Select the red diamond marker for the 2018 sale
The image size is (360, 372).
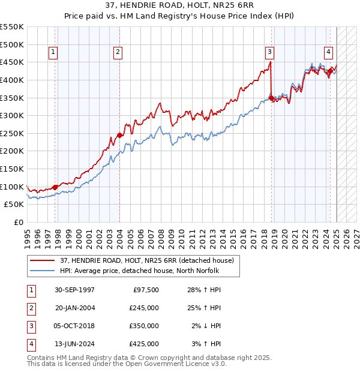(271, 98)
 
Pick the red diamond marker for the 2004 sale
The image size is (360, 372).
(119, 135)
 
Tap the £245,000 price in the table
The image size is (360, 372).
(144, 308)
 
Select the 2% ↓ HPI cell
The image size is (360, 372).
(206, 326)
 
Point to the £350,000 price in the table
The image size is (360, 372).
(144, 326)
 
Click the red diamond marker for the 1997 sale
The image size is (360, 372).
(55, 187)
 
